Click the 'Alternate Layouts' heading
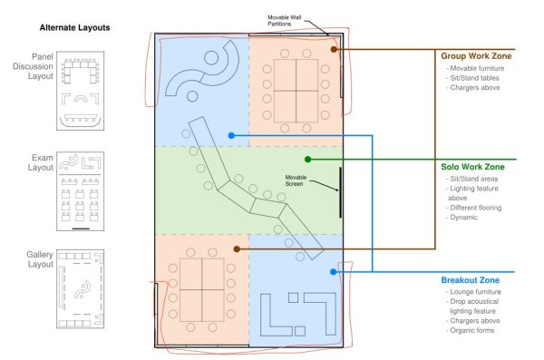[74, 28]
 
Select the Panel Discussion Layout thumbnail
[80, 91]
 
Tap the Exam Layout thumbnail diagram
[80, 191]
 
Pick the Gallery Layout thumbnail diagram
[80, 289]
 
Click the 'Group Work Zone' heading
[476, 56]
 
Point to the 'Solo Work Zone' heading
[472, 167]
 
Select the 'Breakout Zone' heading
[470, 280]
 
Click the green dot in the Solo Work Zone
[307, 160]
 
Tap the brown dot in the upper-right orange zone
[334, 49]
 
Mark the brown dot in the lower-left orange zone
[237, 248]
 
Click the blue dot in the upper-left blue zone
[232, 135]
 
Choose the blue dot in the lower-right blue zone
[334, 272]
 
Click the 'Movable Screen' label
[296, 180]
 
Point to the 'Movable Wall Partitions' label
[284, 21]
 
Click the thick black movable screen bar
[340, 192]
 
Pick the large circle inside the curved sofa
[211, 58]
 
